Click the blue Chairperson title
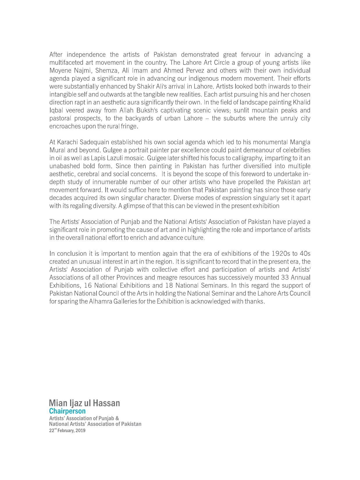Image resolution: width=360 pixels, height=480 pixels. pos(67,411)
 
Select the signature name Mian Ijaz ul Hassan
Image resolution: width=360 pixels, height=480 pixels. pos(84,403)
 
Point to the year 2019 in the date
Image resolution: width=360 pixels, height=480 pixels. pos(80,431)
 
